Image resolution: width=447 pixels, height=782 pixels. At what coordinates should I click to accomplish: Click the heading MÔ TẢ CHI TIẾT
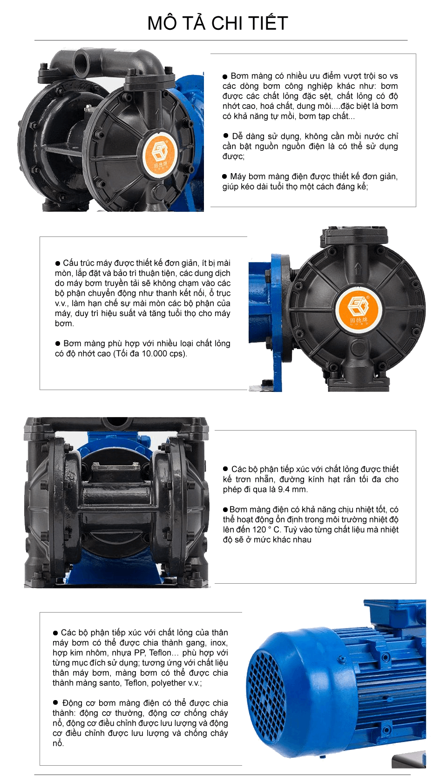[x=217, y=23]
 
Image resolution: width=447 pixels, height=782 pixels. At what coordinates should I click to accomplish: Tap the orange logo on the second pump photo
[x=358, y=309]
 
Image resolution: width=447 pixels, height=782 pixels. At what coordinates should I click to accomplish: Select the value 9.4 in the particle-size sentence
[x=284, y=489]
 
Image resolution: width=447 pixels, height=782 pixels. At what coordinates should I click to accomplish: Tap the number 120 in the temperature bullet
[x=259, y=529]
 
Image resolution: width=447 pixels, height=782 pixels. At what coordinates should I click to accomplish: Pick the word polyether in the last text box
[x=166, y=683]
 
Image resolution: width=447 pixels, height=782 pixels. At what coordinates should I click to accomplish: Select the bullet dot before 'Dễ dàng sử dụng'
[x=225, y=136]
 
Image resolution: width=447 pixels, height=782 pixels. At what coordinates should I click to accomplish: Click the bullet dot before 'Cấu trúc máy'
[x=58, y=263]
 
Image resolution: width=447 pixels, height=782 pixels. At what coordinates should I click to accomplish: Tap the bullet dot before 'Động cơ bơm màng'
[x=55, y=703]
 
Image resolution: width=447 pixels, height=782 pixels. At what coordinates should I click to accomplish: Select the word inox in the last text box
[x=219, y=643]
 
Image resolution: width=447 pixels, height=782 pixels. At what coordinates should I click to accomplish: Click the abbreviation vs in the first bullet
[x=393, y=76]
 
